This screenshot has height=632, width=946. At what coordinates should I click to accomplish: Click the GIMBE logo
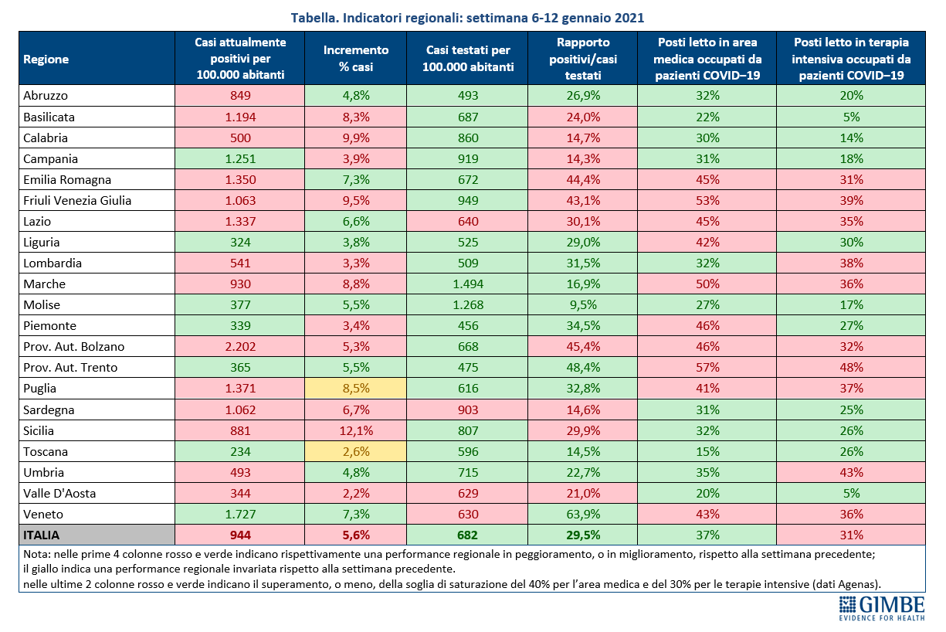coord(882,608)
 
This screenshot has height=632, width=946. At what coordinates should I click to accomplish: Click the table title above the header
coord(467,18)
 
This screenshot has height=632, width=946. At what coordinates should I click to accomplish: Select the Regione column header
coord(46,59)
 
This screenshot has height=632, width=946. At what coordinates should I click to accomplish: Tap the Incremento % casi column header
coord(355,58)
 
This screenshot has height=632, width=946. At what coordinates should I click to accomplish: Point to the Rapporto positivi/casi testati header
coord(583,58)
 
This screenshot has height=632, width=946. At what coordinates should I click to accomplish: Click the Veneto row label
coord(43,514)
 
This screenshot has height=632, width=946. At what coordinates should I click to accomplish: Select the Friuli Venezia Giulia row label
coord(77,200)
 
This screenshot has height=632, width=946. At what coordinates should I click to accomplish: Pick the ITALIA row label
coord(42,535)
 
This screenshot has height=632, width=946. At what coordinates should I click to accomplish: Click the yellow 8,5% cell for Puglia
coord(355,389)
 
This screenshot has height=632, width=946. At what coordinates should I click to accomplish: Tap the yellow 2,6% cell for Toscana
coord(355,451)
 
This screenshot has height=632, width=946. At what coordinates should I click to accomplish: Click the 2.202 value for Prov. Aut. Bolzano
coord(240,346)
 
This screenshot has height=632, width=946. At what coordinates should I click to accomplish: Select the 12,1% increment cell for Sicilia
coord(355,430)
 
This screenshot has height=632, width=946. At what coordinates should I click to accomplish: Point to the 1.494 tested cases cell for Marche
coord(467,284)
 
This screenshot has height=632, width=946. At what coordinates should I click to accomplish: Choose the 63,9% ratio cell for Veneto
coord(583,514)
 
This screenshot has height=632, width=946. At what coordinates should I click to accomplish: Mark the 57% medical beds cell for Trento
coord(707,367)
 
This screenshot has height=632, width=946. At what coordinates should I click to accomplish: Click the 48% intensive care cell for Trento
coord(851,367)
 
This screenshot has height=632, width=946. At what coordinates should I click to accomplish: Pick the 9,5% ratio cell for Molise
coord(583,304)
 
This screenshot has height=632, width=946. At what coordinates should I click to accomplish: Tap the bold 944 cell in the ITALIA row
coord(240,535)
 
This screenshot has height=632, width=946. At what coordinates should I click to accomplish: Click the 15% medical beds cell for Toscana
coord(707,451)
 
